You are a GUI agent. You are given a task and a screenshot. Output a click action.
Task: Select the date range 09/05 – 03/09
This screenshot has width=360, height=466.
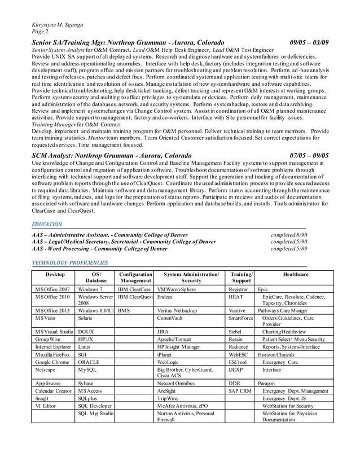[x=309, y=43]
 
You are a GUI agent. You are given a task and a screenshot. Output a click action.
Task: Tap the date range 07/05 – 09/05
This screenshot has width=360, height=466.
[x=309, y=155]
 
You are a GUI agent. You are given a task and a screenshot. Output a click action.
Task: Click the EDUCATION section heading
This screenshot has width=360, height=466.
[x=48, y=224]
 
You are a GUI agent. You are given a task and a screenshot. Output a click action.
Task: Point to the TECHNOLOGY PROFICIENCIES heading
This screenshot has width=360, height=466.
[x=70, y=262]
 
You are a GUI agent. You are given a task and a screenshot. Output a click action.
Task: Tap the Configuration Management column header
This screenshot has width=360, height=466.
[x=134, y=277]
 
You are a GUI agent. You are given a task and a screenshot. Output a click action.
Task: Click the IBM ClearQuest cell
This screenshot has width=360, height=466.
[x=134, y=296]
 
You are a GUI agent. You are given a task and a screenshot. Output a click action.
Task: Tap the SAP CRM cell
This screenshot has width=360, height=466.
[x=239, y=390]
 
